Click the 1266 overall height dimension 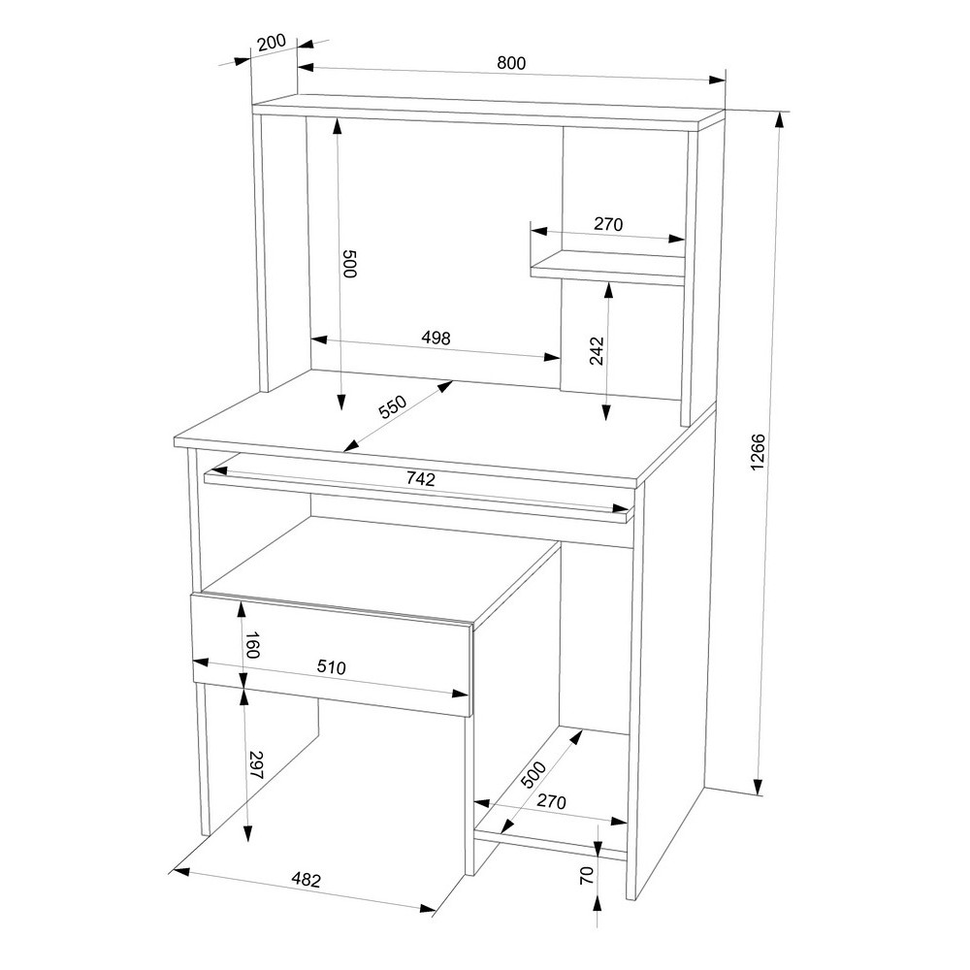[759, 452]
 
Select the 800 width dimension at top [511, 62]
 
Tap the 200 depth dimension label [272, 43]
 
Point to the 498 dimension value [436, 338]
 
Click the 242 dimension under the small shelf [597, 351]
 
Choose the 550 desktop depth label [392, 406]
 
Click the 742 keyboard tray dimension [421, 478]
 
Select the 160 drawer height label [251, 645]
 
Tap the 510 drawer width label [332, 667]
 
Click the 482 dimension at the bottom [307, 879]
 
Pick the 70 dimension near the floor [587, 875]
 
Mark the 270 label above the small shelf [608, 224]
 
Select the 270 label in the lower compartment [551, 801]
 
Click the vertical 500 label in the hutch [349, 264]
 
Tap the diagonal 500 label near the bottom [533, 774]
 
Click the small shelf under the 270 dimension [608, 268]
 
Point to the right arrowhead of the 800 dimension [717, 80]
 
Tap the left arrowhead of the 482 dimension [179, 872]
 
